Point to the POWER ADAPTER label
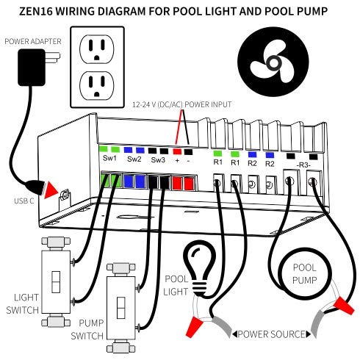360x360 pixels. (33, 42)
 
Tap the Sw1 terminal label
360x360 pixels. (110, 159)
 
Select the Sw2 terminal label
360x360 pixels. (134, 159)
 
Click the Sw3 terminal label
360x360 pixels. (157, 159)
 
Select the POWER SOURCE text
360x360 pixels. (272, 335)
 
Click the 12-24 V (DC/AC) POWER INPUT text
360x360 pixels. (181, 105)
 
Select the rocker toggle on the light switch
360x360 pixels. (54, 283)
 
